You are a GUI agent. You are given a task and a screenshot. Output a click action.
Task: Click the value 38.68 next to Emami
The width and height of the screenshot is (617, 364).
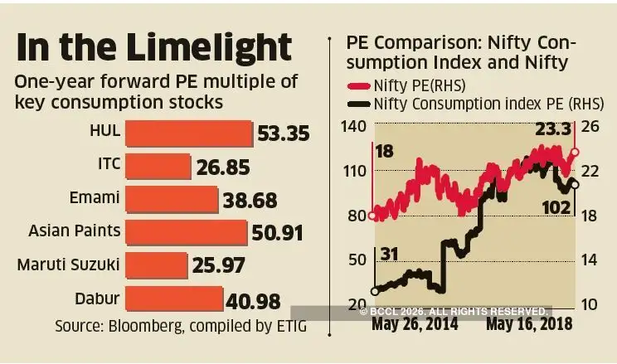[250, 200]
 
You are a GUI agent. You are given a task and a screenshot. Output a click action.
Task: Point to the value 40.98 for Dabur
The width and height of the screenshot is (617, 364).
[253, 301]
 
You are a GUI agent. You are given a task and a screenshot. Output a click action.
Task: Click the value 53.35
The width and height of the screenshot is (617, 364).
[283, 133]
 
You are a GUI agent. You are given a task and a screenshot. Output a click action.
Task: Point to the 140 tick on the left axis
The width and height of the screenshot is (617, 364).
[353, 126]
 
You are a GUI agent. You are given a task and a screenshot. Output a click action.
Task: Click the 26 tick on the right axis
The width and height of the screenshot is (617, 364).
[592, 126]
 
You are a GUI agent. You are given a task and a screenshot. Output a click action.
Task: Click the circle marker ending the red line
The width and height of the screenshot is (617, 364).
[576, 153]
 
